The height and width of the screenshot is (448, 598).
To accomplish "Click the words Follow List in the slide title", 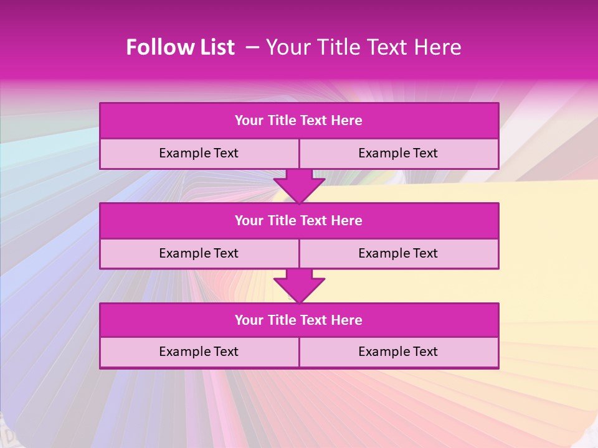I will click(x=180, y=47).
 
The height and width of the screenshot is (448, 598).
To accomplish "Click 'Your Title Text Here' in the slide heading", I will click(x=364, y=47).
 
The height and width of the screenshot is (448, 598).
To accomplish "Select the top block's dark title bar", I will click(x=299, y=121).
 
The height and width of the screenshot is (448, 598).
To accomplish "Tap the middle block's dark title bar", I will click(x=299, y=220).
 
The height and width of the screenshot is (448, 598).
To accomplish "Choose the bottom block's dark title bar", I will click(x=299, y=320).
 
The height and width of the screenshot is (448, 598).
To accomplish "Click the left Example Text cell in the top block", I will click(x=199, y=153).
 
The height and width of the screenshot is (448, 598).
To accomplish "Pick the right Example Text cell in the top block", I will click(x=398, y=153).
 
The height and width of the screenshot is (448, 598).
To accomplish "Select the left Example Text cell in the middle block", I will click(x=199, y=253).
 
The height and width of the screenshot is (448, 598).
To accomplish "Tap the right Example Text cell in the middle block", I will click(x=398, y=253).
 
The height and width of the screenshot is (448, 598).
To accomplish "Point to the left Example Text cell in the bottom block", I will click(x=199, y=352).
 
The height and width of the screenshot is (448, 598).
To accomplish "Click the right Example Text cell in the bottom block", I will click(x=398, y=352).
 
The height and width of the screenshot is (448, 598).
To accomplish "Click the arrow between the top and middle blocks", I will click(x=299, y=185).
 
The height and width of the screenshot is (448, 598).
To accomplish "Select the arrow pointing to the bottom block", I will click(x=299, y=286).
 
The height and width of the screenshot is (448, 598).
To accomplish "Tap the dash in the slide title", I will click(x=252, y=47).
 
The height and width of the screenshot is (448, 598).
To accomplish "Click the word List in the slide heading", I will click(x=215, y=47).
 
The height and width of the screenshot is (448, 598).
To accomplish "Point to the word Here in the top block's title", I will click(x=347, y=121).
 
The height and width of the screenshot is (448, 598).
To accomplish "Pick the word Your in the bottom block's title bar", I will click(x=249, y=320).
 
